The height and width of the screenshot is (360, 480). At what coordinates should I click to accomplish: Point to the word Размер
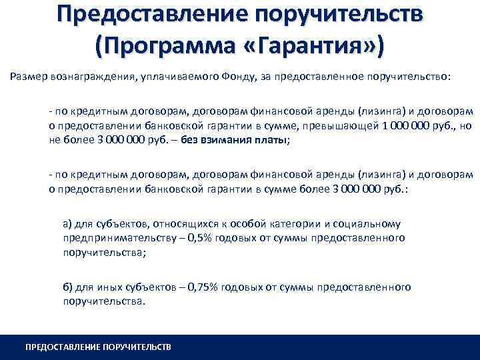click(29, 75)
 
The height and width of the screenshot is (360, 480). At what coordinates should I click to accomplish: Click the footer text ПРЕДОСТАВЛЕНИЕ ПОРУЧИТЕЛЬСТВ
click(98, 347)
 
